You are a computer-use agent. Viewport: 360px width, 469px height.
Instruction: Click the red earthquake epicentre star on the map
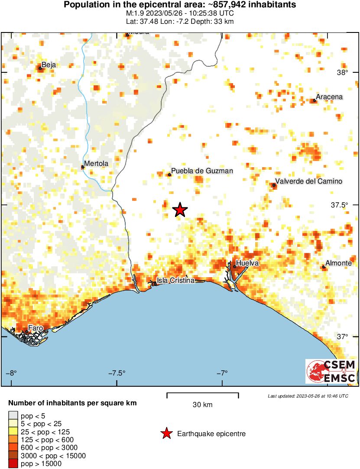pos(180,210)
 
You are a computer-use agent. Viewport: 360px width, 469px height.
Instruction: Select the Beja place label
pos(49,65)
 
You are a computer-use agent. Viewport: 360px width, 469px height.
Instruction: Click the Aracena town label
pos(329,97)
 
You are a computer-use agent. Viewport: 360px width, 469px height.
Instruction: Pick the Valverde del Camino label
pos(309,181)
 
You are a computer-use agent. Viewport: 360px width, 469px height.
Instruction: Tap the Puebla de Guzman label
pos(202,171)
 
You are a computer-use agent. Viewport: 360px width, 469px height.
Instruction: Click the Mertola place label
pos(96,164)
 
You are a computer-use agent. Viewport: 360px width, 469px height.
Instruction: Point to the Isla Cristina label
pos(175,280)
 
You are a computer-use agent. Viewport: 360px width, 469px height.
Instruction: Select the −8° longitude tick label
pos(11,373)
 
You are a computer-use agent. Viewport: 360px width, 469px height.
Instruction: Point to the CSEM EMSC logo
pos(331,371)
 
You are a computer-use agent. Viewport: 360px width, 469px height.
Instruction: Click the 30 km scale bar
pos(202,394)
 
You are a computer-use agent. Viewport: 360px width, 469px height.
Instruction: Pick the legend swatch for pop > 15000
pos(13,464)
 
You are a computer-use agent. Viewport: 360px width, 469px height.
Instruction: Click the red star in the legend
pos(166,433)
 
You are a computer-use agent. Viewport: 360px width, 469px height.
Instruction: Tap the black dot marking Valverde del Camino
pos(274,185)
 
